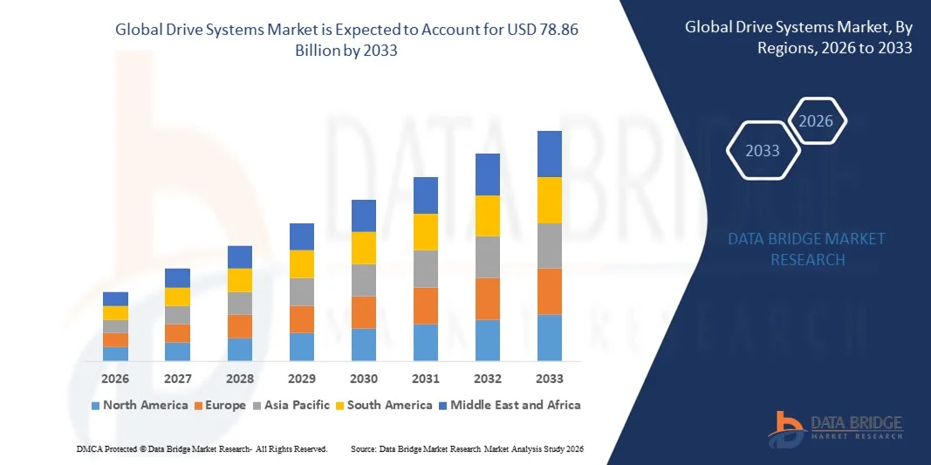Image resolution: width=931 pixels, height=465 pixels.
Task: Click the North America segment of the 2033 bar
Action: (x=549, y=338)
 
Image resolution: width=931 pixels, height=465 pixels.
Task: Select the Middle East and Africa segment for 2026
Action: (x=115, y=298)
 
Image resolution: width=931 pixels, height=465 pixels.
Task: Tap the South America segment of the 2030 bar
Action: (x=364, y=248)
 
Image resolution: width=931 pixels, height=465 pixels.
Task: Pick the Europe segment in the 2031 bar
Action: (x=425, y=305)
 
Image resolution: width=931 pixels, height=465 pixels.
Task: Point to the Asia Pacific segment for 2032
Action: (x=488, y=256)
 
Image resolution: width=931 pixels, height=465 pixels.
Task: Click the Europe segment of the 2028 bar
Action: (x=240, y=326)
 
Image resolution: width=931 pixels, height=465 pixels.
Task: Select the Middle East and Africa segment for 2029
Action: (x=302, y=236)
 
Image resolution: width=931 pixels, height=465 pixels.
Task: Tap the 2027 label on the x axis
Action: (x=177, y=379)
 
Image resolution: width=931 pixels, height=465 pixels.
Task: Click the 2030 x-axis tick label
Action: (x=364, y=379)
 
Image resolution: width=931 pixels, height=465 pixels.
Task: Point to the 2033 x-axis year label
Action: (x=549, y=379)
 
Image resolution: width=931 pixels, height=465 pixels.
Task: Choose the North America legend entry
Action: (x=140, y=405)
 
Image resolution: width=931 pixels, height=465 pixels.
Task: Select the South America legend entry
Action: (x=384, y=405)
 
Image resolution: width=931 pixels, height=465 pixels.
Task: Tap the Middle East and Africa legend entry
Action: (x=509, y=405)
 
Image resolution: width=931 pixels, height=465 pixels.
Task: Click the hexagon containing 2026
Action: (x=817, y=121)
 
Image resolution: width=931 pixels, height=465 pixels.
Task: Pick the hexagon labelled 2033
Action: (x=762, y=151)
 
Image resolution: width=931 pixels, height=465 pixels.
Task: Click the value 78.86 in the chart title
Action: (x=558, y=29)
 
